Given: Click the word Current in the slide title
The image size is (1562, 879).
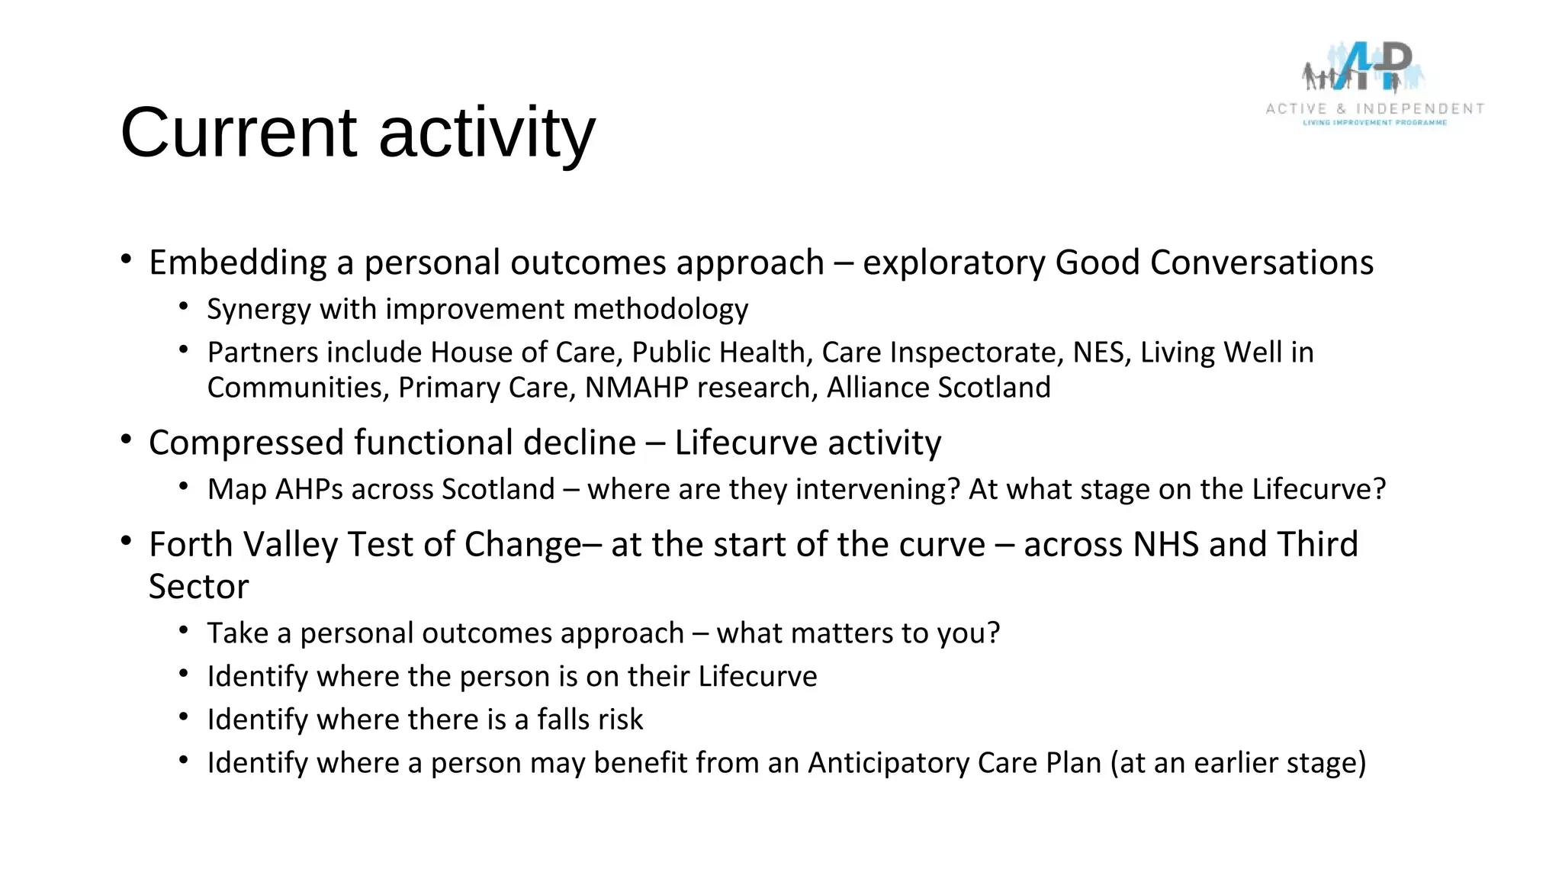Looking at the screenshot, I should [239, 133].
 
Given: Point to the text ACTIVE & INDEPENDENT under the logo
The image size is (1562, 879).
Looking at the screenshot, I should [1374, 109].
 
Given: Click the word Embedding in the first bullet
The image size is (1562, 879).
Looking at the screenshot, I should [237, 263].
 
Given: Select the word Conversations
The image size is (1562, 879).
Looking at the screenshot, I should [1261, 263].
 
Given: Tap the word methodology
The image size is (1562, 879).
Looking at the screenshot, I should [660, 310].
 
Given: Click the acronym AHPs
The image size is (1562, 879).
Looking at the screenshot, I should [309, 489].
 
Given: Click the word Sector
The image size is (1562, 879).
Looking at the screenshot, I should [198, 587].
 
